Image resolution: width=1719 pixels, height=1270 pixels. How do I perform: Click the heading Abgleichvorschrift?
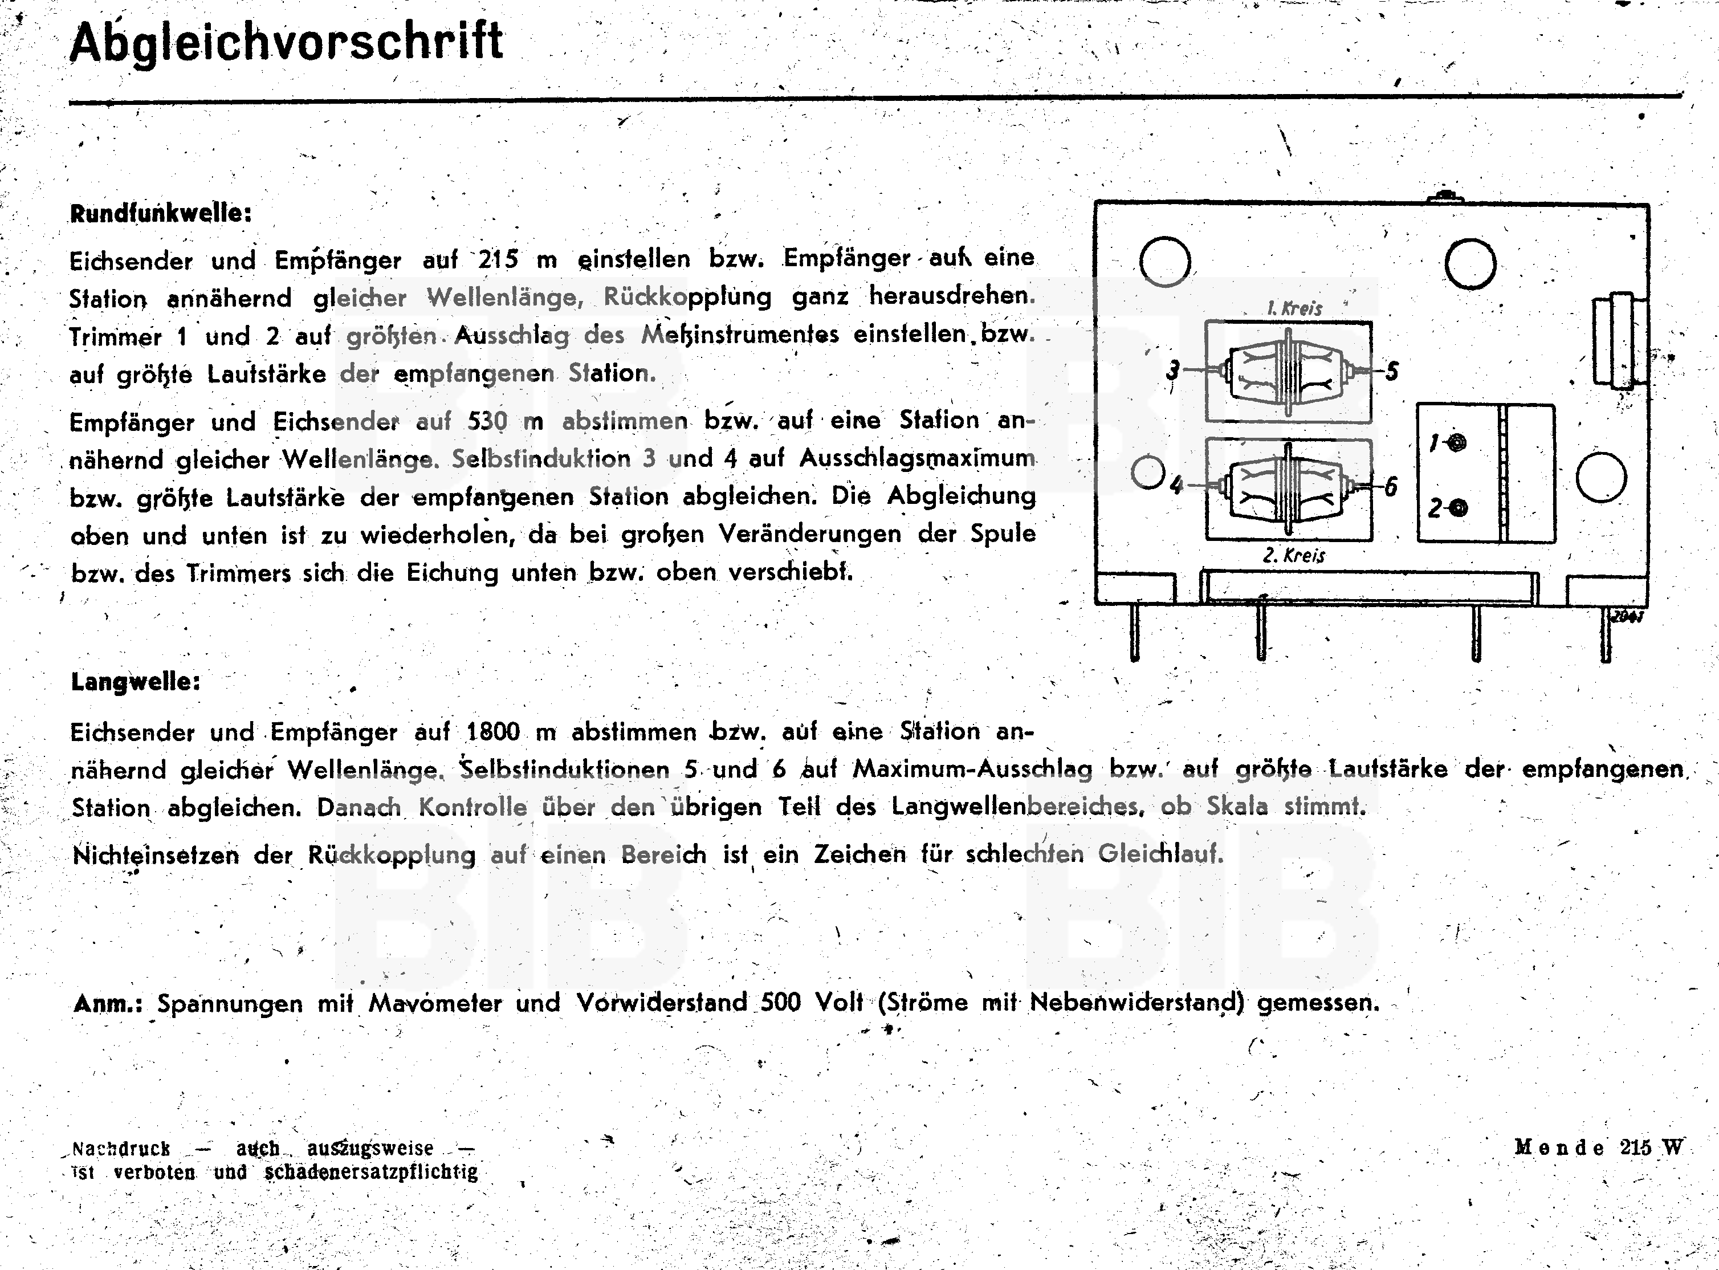point(286,42)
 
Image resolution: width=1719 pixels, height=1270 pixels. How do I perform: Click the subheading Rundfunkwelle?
point(161,213)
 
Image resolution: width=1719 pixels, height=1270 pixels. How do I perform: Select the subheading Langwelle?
point(135,682)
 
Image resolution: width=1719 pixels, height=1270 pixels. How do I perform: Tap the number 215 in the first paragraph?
point(498,259)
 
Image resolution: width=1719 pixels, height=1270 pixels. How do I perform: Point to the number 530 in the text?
point(487,421)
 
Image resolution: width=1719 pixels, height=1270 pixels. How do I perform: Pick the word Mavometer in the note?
point(435,1003)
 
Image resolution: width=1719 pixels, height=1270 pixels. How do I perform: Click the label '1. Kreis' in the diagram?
point(1294,308)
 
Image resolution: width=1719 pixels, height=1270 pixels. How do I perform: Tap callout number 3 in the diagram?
point(1172,371)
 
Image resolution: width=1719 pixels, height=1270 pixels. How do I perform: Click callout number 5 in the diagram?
point(1391,372)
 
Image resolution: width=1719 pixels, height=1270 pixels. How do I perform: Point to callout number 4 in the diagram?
point(1175,486)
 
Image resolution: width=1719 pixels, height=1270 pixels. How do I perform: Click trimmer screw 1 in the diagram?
point(1457,443)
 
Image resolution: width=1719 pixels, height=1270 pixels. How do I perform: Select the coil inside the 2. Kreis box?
point(1289,487)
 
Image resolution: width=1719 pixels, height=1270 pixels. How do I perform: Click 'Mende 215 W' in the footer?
point(1598,1148)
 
